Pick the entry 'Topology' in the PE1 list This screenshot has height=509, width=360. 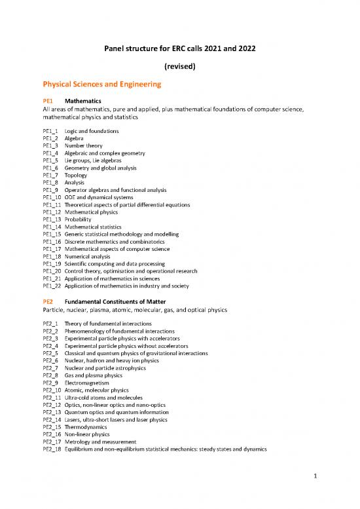pyautogui.click(x=77, y=176)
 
